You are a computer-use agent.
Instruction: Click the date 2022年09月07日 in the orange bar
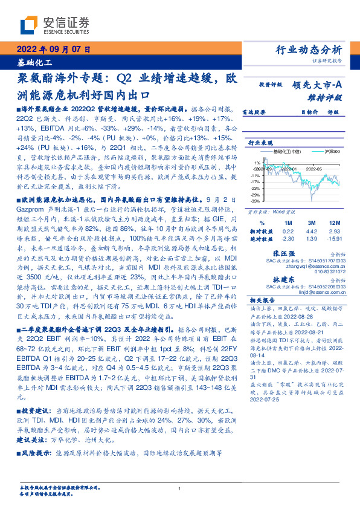coord(53,50)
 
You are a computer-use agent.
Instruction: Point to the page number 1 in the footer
coord(179,488)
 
